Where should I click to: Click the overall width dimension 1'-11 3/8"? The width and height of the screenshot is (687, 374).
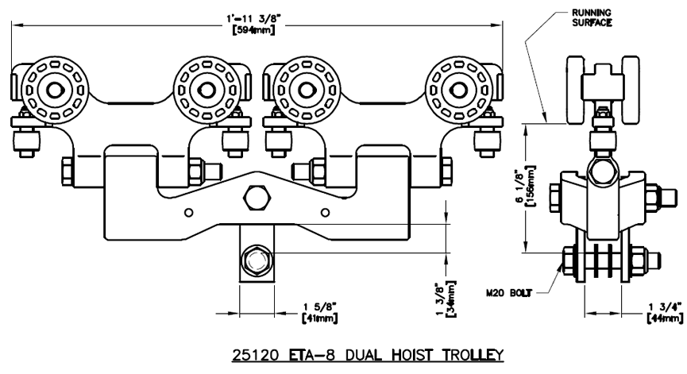(x=253, y=18)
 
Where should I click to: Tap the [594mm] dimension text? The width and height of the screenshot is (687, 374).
(x=253, y=30)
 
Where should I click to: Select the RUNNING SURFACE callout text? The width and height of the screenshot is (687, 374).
(x=592, y=17)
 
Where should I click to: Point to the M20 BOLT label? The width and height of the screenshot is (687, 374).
(x=508, y=293)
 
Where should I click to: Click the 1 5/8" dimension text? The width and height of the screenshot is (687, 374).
(x=320, y=307)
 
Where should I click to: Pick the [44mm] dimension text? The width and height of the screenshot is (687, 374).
(x=665, y=319)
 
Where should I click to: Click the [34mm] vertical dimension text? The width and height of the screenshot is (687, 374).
(x=450, y=299)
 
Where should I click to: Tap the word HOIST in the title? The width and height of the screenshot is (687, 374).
(x=411, y=355)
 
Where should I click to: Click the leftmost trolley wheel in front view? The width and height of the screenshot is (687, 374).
(x=55, y=90)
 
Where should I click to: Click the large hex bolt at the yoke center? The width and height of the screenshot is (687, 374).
(x=257, y=197)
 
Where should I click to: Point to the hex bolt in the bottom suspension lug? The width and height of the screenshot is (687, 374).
(x=257, y=261)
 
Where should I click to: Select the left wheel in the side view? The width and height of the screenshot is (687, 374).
(x=576, y=90)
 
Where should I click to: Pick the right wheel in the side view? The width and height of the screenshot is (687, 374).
(x=631, y=90)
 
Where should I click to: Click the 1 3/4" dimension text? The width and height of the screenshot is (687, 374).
(x=666, y=307)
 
